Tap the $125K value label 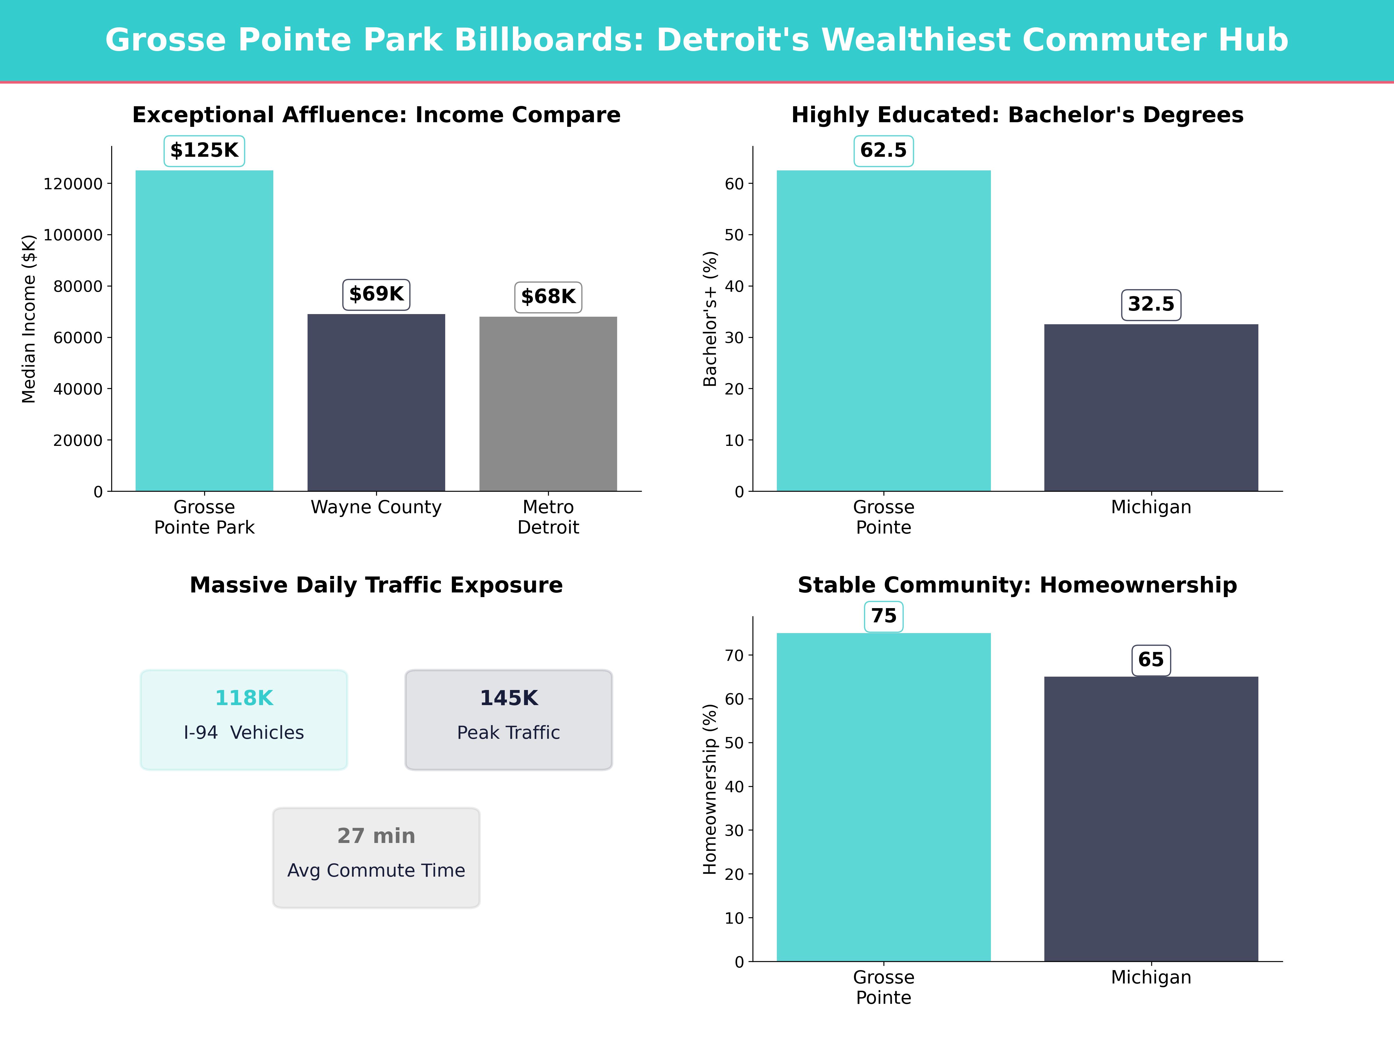(x=204, y=151)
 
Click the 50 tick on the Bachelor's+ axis (x=734, y=235)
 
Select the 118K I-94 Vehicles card (x=244, y=719)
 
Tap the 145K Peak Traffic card (x=509, y=719)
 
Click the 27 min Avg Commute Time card (x=376, y=857)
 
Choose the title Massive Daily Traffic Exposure (x=376, y=585)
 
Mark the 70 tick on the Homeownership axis (x=734, y=656)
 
